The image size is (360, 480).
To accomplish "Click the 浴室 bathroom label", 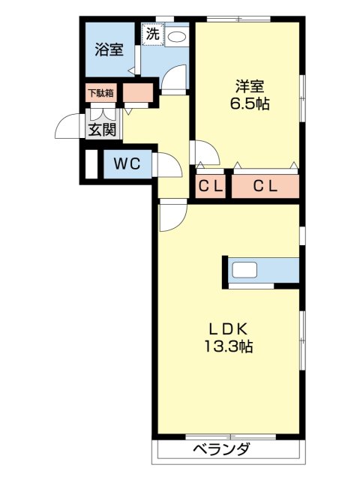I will click(x=109, y=50).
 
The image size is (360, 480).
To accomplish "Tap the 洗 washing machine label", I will click(x=153, y=34).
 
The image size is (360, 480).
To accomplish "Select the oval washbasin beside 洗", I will click(x=177, y=36).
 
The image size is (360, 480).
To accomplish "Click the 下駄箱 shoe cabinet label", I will click(x=100, y=94).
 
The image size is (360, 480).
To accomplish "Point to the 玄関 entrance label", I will click(x=102, y=129).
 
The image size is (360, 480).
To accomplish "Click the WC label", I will click(x=127, y=165).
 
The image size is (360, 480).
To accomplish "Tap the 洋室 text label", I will click(x=250, y=86).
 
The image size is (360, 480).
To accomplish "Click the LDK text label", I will click(x=227, y=328).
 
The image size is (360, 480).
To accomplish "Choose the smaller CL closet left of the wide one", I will click(x=210, y=187).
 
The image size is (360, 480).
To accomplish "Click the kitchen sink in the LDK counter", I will click(x=245, y=270).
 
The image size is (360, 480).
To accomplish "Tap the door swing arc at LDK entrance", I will click(x=172, y=218).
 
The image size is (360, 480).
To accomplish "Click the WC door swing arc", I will click(x=167, y=165).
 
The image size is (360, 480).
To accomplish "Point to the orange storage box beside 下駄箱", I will click(x=136, y=94).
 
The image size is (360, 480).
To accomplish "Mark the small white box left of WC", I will click(x=91, y=165).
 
